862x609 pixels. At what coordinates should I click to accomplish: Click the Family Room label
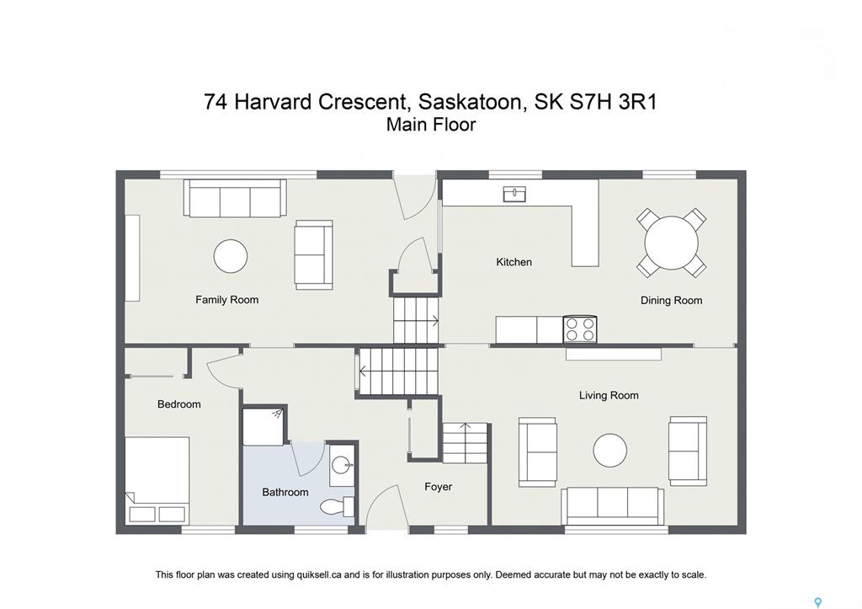[226, 300]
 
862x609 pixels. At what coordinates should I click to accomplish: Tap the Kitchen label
[514, 262]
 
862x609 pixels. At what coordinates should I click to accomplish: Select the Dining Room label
[671, 301]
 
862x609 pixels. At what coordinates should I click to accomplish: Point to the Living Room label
[609, 395]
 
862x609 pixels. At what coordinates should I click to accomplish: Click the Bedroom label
[178, 404]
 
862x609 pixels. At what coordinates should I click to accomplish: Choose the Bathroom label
[285, 493]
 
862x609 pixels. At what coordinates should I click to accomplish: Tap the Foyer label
[438, 487]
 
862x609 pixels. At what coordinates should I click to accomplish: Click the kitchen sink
[514, 194]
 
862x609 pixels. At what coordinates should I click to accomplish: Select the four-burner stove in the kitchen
[580, 329]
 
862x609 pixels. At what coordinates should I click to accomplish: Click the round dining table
[671, 243]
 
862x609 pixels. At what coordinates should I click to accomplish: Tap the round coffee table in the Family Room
[231, 256]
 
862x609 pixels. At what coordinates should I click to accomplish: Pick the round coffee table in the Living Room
[609, 450]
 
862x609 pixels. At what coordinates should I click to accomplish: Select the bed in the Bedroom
[157, 480]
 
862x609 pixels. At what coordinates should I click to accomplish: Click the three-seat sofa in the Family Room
[235, 198]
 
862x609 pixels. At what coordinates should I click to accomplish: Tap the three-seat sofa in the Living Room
[613, 505]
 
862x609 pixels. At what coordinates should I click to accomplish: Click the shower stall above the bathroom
[263, 426]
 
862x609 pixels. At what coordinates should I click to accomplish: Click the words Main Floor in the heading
[430, 125]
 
